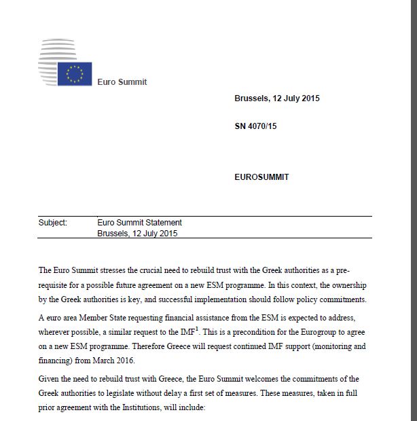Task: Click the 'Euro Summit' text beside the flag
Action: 122,82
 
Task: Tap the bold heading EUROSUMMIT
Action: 261,177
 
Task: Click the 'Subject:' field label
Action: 53,222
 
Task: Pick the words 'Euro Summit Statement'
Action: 140,222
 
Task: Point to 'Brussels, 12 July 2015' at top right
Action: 276,98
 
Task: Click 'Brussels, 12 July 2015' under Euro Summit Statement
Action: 138,233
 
